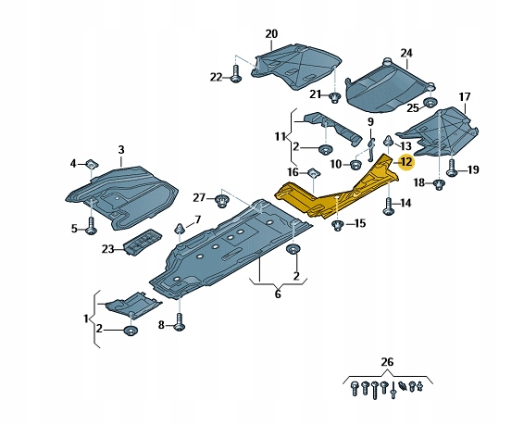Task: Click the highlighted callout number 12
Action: click(405, 161)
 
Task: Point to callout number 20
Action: click(271, 34)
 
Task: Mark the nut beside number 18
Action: click(439, 183)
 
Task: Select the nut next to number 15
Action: click(338, 223)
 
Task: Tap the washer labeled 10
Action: click(356, 164)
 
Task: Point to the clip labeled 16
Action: click(313, 173)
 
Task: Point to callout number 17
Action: click(464, 97)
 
